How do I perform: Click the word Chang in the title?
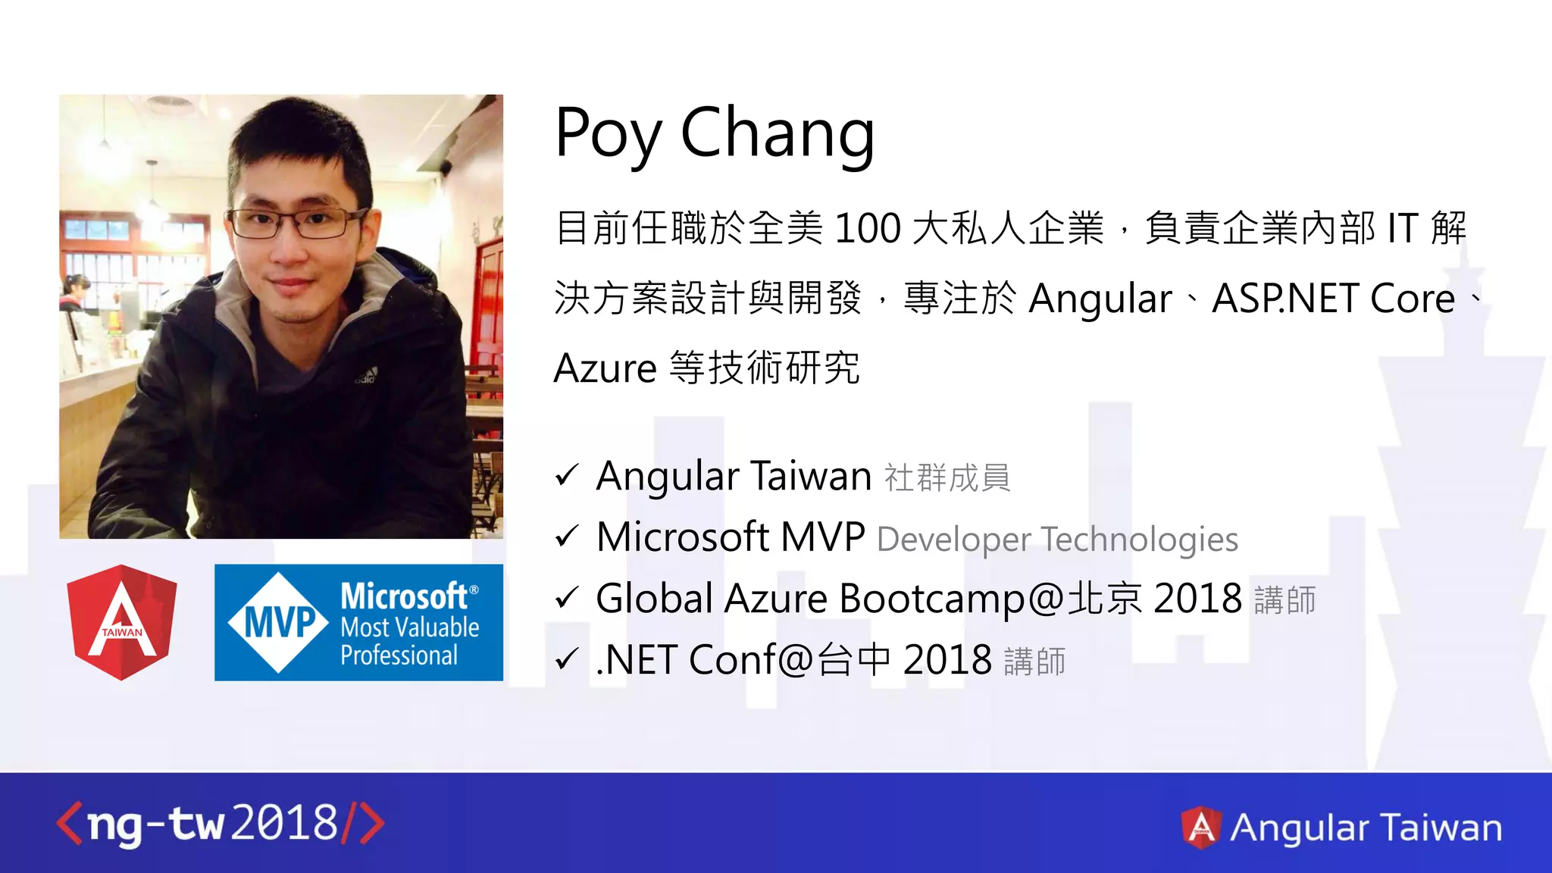(x=778, y=135)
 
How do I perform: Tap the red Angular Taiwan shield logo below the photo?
(x=122, y=621)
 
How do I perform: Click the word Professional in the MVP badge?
(x=399, y=656)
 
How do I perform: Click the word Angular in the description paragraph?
(x=1100, y=299)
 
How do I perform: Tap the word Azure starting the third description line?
(x=605, y=369)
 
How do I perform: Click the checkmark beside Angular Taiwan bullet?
(x=567, y=476)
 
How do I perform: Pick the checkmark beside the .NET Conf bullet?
(x=567, y=659)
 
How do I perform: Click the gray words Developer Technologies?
(x=1057, y=540)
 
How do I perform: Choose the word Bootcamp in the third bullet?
(x=932, y=599)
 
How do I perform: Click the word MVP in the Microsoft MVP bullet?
(x=823, y=537)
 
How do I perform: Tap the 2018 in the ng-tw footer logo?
(x=284, y=824)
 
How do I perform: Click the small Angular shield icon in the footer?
(x=1201, y=827)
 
